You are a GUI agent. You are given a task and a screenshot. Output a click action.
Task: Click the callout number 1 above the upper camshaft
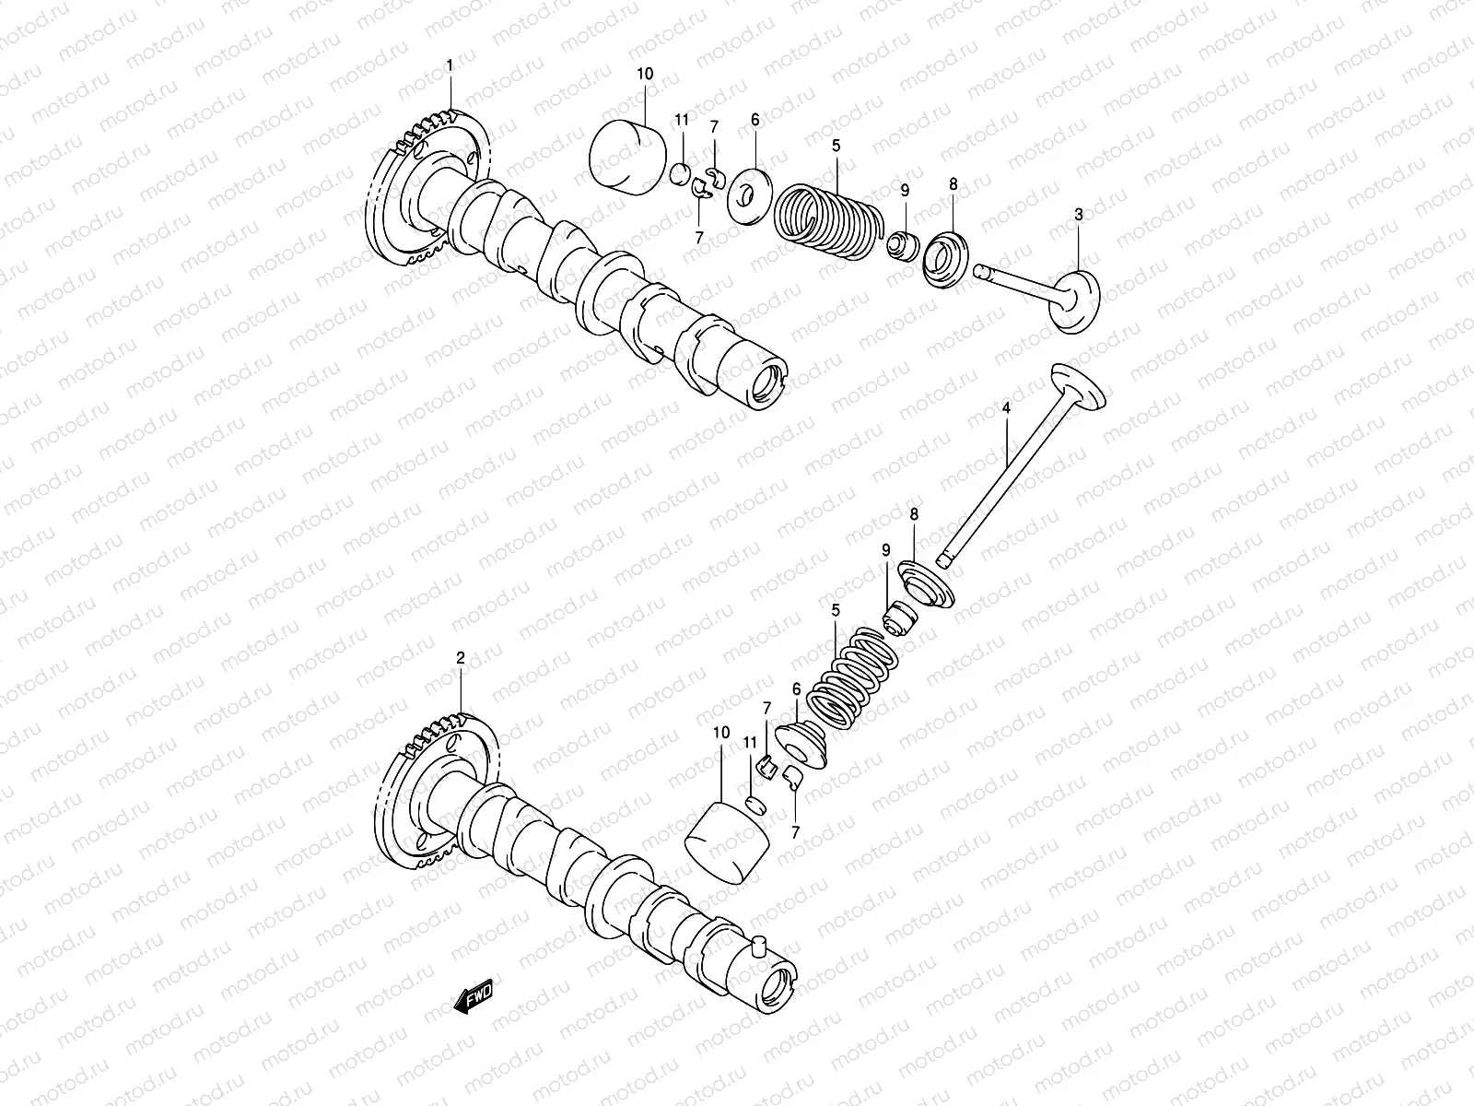coord(450,65)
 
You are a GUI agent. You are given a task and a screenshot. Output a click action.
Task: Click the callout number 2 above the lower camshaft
coord(461,657)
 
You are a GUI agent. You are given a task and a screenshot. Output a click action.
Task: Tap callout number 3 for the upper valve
coord(1079,214)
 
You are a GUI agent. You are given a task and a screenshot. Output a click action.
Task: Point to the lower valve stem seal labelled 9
coord(896,618)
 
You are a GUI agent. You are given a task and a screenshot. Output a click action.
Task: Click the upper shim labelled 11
coord(681,171)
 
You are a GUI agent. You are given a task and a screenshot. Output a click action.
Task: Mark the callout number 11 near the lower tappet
coord(751,742)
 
